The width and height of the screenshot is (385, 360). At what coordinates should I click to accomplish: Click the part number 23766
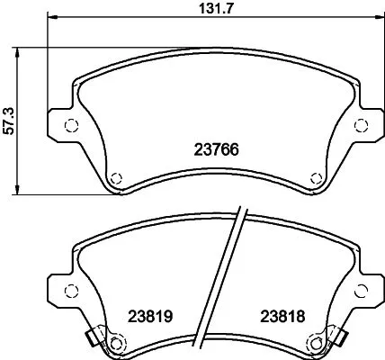[x=217, y=151]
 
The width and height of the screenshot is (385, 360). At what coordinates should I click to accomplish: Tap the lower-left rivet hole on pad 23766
[x=115, y=176]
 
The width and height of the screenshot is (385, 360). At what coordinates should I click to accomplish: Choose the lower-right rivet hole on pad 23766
[x=314, y=176]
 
